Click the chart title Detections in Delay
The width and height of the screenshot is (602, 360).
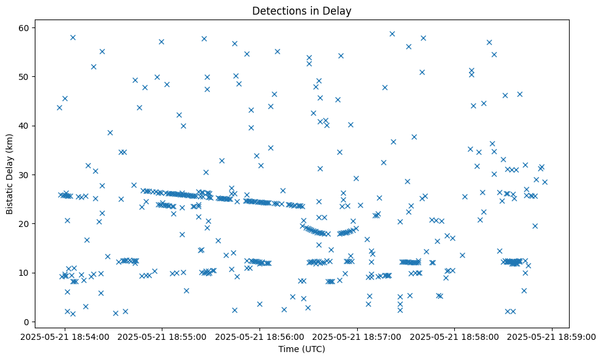302,11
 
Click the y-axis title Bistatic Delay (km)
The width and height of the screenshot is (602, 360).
10,173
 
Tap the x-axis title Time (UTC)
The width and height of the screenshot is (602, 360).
302,349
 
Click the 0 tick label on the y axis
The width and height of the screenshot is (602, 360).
30,322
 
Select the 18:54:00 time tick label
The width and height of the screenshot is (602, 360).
65,336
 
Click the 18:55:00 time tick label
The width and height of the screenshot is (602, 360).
163,336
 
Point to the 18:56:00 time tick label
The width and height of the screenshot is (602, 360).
261,336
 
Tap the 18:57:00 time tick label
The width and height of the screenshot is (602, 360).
358,336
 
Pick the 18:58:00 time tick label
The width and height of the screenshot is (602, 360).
455,336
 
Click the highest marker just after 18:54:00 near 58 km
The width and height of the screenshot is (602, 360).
73,37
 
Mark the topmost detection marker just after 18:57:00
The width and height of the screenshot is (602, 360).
392,34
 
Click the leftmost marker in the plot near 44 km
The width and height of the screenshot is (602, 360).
59,107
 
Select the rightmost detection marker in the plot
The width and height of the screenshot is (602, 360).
545,182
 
